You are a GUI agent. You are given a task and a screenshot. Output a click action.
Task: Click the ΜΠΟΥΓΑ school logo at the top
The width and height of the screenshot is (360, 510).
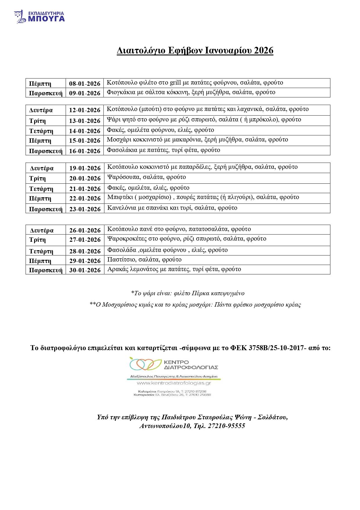(x=39, y=17)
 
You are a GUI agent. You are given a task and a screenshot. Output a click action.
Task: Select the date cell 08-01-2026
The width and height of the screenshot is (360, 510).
(x=84, y=84)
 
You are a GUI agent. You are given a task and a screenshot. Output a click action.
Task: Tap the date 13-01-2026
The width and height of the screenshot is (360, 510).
(x=84, y=121)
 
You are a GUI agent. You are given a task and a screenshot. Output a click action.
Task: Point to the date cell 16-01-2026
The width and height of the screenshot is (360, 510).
(x=84, y=151)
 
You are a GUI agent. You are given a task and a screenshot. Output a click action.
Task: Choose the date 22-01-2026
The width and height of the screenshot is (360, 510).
(x=85, y=198)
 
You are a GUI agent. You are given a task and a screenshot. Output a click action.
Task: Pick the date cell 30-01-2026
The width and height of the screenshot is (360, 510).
(x=85, y=270)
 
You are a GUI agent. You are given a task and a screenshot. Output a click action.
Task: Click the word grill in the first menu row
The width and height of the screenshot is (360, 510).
(x=175, y=83)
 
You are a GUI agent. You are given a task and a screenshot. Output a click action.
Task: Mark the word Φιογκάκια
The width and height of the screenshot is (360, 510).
(x=121, y=92)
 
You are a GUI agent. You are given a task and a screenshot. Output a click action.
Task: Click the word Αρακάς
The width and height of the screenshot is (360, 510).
(x=118, y=269)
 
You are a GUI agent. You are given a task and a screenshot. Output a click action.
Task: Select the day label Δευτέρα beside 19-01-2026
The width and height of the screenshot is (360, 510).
(x=42, y=168)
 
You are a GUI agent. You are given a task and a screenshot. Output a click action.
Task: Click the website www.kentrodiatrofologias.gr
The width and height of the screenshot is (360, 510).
(x=174, y=383)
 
